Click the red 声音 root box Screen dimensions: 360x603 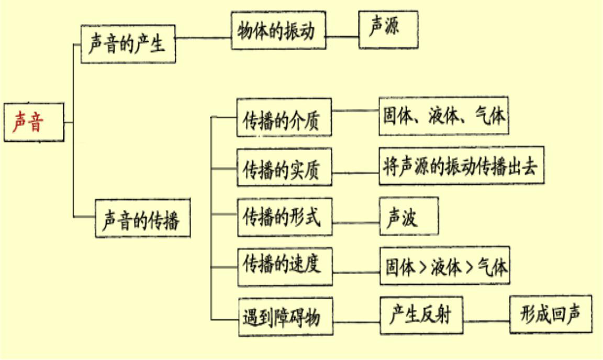(x=34, y=122)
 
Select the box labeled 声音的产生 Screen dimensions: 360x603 (x=128, y=44)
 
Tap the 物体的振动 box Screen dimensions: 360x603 (x=278, y=31)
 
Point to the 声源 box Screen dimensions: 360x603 (x=388, y=29)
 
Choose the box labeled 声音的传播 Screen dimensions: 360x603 (x=142, y=218)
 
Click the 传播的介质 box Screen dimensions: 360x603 (x=284, y=118)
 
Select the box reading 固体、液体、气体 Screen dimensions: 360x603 (x=444, y=115)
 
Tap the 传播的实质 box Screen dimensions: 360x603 (x=284, y=167)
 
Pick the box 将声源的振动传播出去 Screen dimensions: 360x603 (x=461, y=165)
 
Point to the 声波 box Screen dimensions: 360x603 (x=409, y=216)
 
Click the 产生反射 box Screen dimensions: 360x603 (x=421, y=316)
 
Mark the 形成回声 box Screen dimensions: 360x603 (x=551, y=314)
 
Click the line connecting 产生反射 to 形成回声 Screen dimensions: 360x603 (x=487, y=320)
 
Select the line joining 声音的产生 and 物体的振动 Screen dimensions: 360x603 (x=203, y=38)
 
